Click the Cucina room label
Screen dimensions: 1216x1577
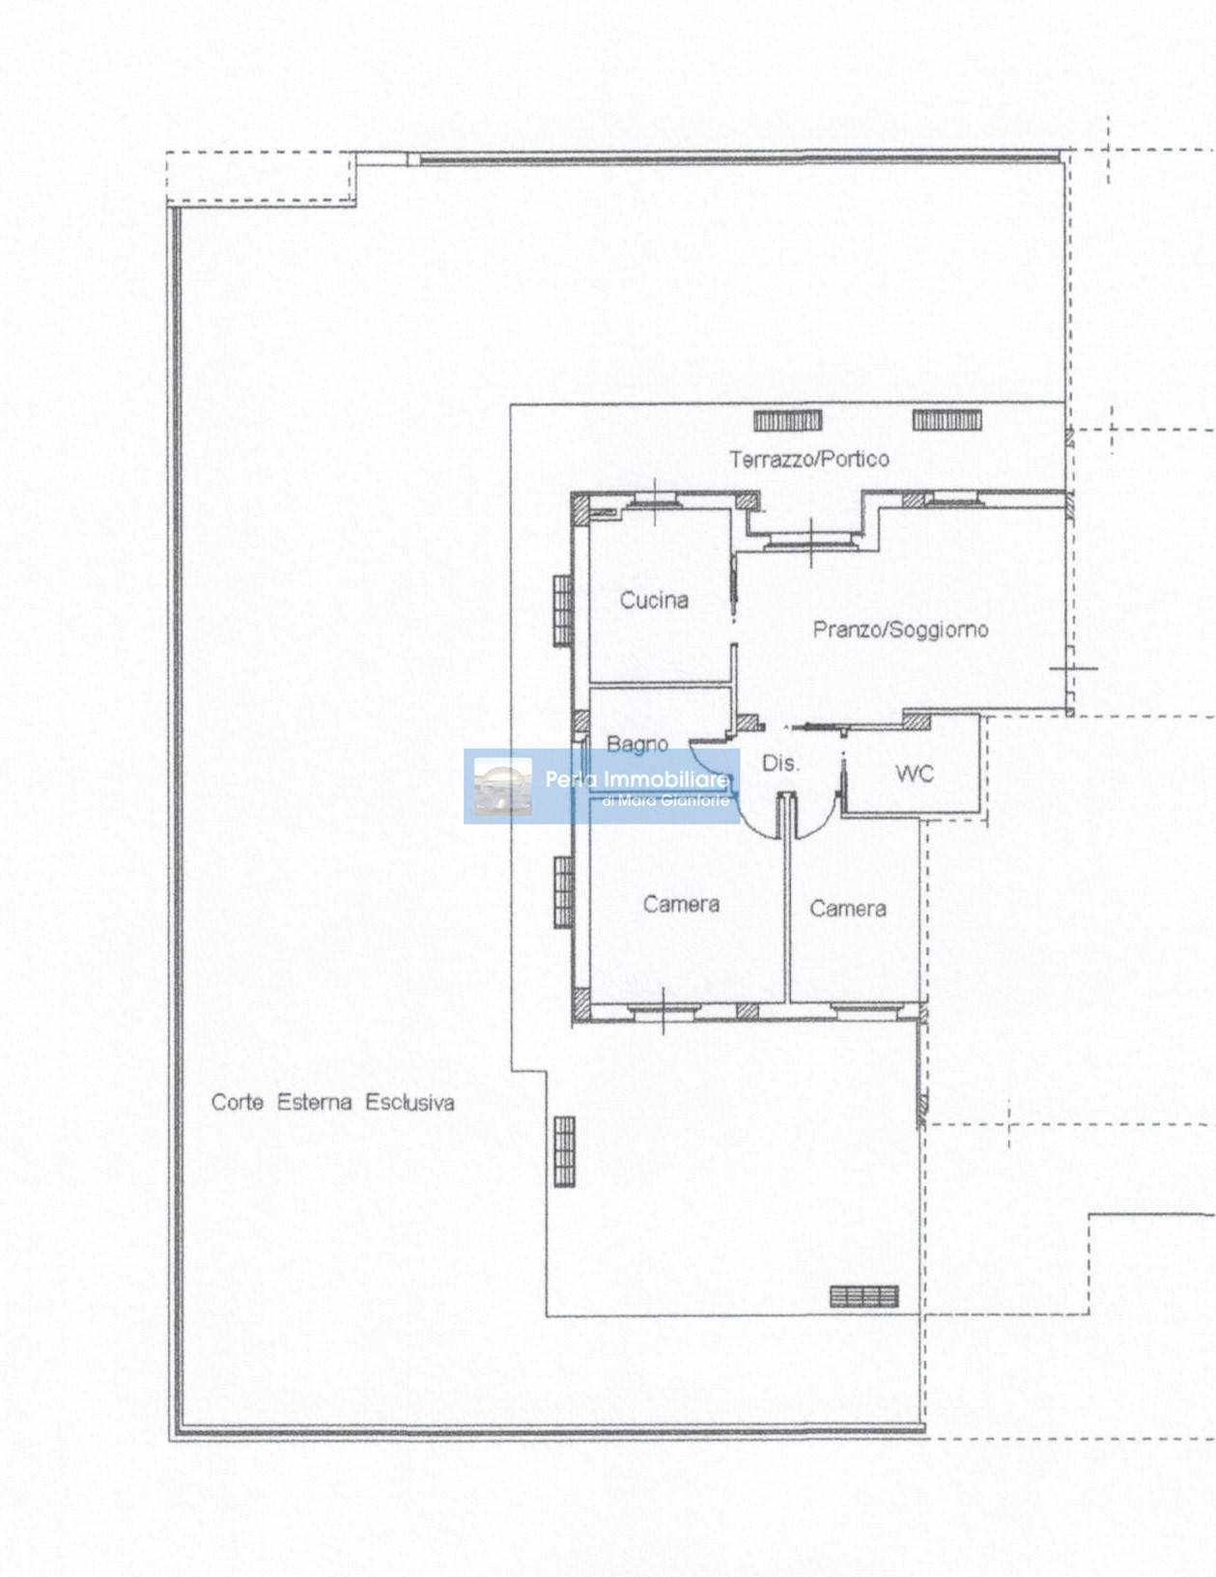654,600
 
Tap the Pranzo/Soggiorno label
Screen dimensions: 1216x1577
899,630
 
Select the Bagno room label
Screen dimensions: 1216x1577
637,744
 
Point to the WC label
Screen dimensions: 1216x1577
915,774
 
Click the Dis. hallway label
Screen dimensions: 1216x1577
780,764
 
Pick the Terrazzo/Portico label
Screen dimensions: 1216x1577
809,459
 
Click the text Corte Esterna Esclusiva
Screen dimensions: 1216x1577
333,1103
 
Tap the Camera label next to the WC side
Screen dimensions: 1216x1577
847,909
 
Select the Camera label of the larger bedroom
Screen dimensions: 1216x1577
681,904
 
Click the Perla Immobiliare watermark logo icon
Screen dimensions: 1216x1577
503,786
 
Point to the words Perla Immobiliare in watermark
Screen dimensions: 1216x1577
637,779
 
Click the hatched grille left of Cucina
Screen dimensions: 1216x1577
564,610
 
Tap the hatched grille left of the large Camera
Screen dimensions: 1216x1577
564,892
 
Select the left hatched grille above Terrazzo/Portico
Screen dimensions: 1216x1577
787,421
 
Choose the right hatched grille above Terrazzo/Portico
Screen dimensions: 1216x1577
947,420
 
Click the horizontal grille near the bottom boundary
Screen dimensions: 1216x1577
864,1297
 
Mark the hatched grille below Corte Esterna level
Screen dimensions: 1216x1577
564,1152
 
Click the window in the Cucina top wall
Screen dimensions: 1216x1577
655,499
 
